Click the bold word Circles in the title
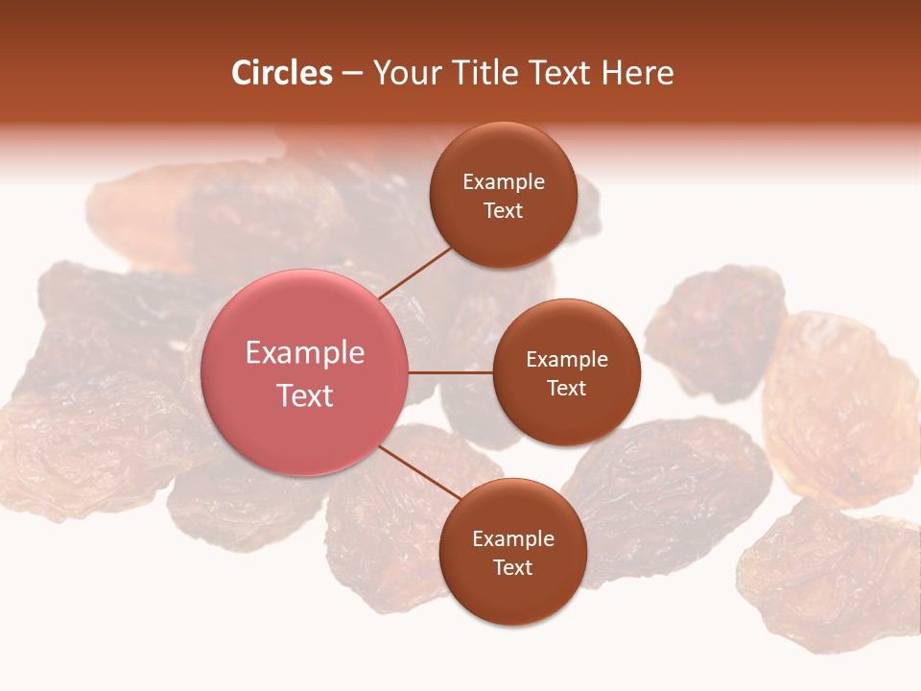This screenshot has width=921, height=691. [x=282, y=73]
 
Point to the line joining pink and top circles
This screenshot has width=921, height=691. [x=415, y=271]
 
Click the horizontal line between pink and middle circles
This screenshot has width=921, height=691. [x=451, y=372]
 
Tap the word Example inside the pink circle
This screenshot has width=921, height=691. [x=305, y=353]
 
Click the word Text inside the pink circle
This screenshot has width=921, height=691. [x=305, y=395]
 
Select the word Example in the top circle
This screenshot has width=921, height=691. [x=504, y=182]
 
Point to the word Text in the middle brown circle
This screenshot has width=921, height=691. [x=566, y=388]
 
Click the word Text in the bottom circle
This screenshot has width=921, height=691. [x=512, y=567]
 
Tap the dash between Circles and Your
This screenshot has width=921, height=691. [x=352, y=74]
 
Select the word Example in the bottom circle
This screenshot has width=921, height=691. [x=513, y=538]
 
